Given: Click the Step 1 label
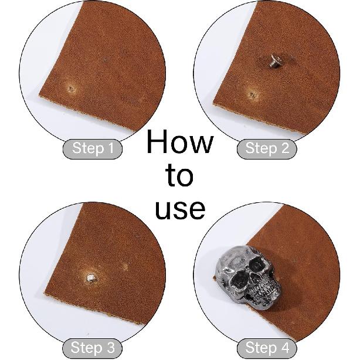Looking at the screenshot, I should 93,149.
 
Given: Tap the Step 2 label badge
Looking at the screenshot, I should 267,149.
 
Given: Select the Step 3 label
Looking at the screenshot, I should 93,348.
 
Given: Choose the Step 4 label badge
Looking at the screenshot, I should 267,348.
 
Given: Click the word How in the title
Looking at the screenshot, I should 180,142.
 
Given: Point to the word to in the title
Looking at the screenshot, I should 179,175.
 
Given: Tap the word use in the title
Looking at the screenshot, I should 180,209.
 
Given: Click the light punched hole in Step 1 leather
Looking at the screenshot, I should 71,89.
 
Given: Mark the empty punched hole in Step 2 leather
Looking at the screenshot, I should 251,93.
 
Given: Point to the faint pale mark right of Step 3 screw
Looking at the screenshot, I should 124,267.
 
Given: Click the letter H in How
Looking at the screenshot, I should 157,142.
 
